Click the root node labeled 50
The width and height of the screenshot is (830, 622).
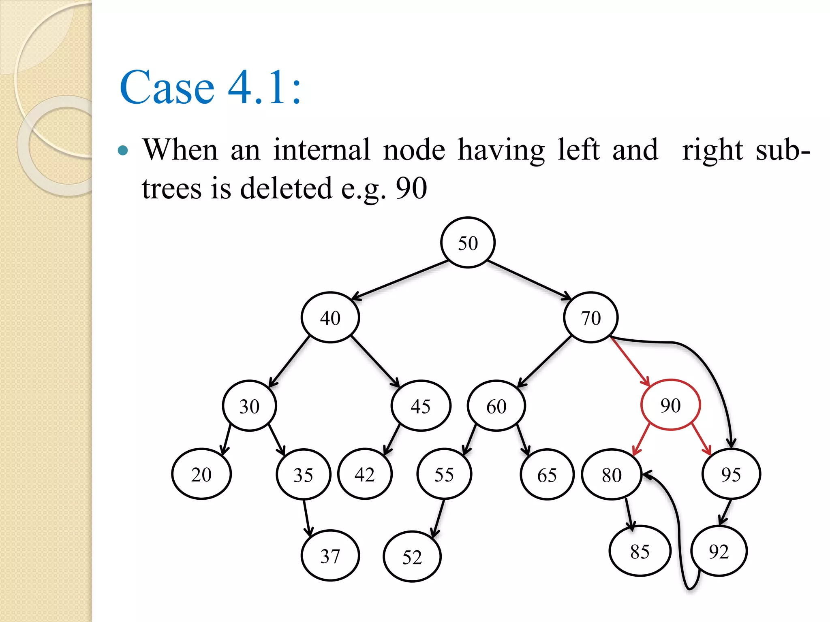point(468,243)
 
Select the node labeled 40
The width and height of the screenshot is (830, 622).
point(330,317)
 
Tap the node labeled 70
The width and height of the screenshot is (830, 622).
point(590,317)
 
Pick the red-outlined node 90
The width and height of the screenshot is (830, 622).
point(670,405)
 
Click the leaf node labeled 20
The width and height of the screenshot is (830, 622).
point(201,474)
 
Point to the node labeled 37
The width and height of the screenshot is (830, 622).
point(330,556)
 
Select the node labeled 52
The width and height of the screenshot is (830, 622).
point(412,557)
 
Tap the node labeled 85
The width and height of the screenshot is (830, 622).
point(640,551)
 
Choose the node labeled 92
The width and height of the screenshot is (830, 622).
point(719,551)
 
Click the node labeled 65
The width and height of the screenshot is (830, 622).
point(547,475)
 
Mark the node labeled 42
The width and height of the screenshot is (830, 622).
point(365,474)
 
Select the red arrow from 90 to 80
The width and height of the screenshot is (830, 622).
point(642,439)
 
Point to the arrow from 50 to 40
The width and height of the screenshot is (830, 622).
point(399,280)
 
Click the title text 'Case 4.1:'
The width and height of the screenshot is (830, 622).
point(210,87)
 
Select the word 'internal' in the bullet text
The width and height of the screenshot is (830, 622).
point(321,150)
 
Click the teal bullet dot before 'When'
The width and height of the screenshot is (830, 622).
point(123,151)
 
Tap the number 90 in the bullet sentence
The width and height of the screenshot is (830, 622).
point(411,188)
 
